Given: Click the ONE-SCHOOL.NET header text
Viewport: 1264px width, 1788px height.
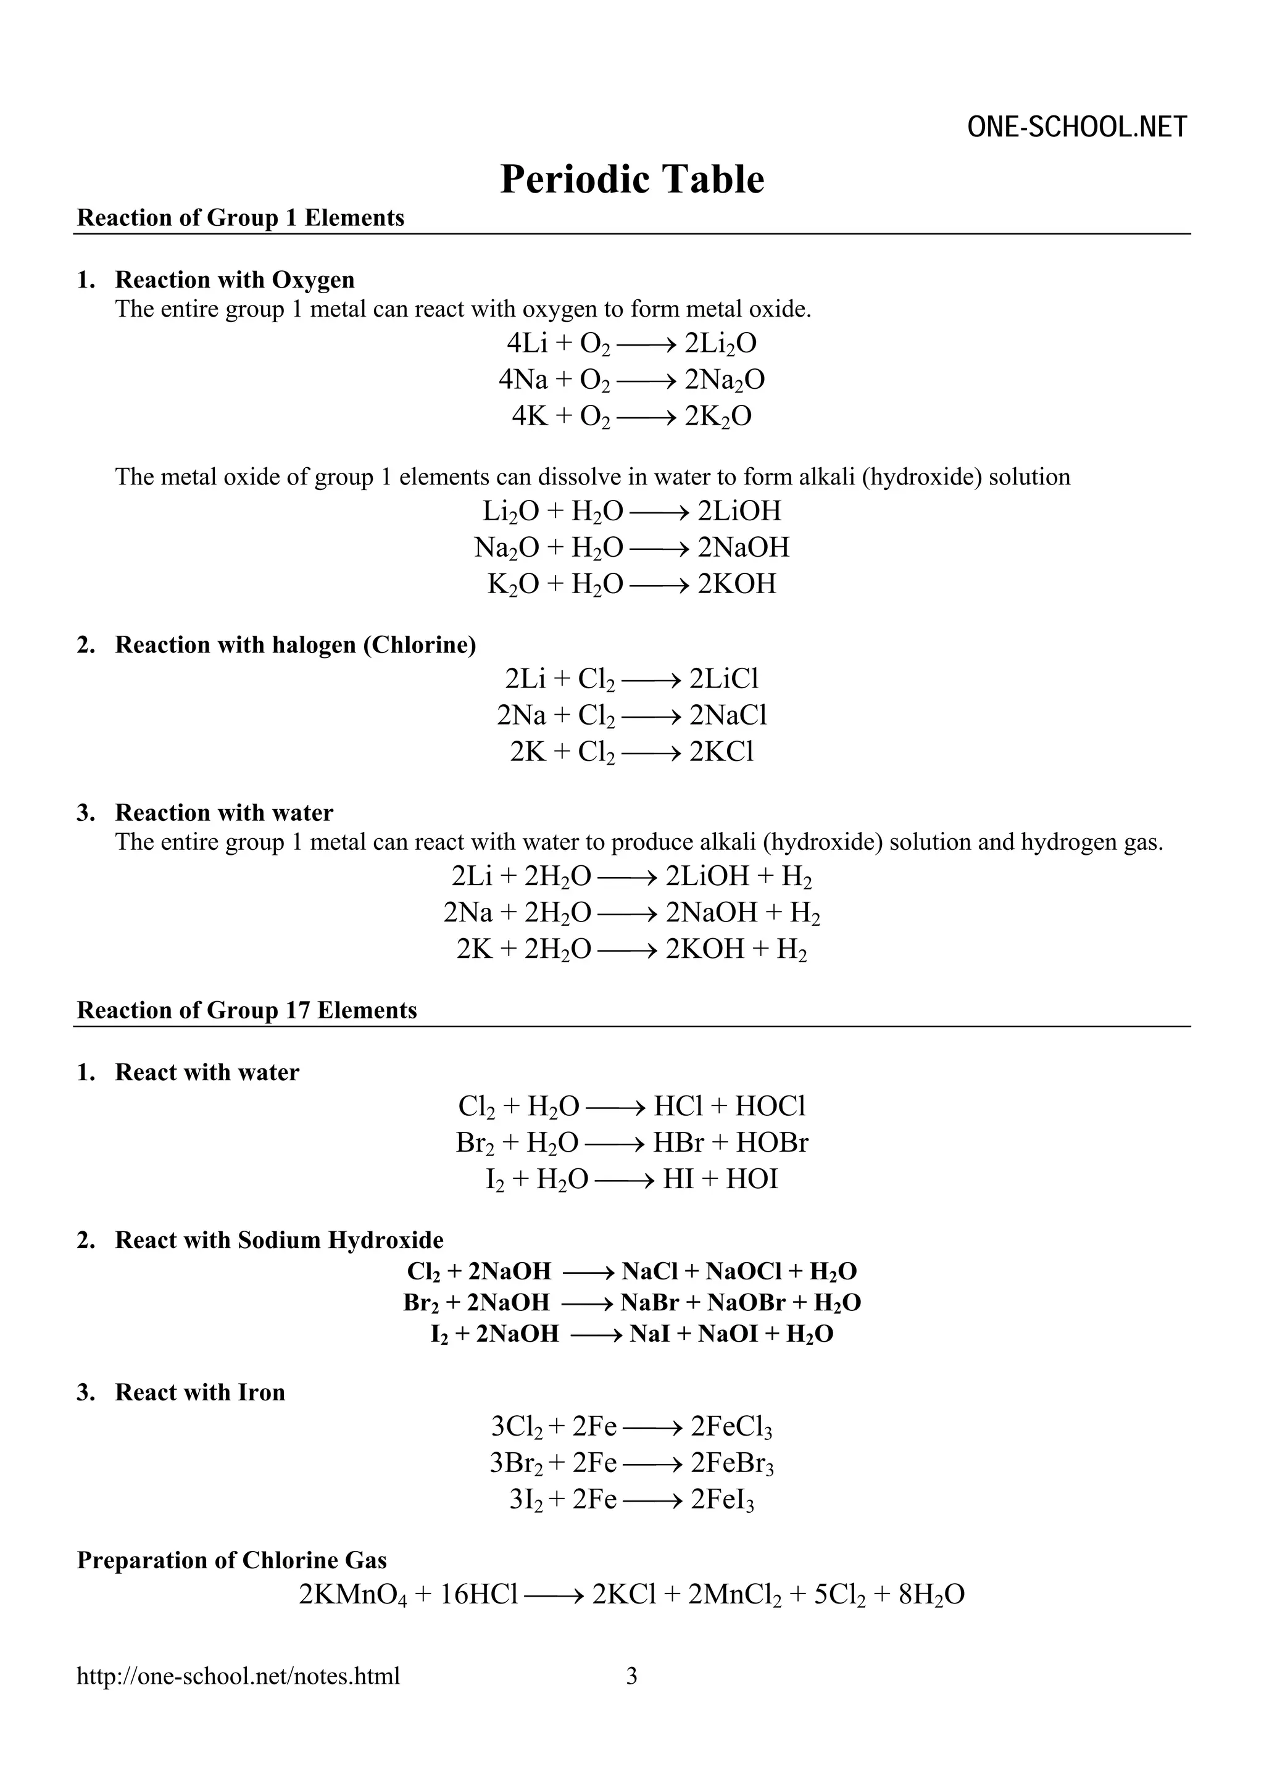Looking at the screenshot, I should tap(1077, 127).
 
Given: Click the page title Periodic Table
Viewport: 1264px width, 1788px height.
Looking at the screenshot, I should tap(631, 179).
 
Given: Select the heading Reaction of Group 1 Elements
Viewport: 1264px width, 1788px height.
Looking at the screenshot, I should tap(241, 218).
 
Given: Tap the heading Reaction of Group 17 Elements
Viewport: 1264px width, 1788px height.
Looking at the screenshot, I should tap(247, 1011).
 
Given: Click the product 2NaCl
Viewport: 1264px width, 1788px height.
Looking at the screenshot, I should tap(728, 715).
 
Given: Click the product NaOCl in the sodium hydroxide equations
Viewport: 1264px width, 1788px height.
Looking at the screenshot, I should tap(743, 1271).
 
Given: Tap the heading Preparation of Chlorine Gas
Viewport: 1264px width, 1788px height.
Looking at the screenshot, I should tap(231, 1561).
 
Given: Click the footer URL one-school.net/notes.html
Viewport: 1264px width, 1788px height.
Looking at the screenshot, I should tap(238, 1675).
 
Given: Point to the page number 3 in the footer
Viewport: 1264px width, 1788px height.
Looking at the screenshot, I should tap(631, 1675).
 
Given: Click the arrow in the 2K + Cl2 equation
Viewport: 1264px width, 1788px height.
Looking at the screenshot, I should tap(651, 752).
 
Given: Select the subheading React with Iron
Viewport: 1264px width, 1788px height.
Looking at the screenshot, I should tap(199, 1392).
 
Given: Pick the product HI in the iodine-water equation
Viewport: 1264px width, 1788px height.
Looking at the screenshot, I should tap(678, 1179).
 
